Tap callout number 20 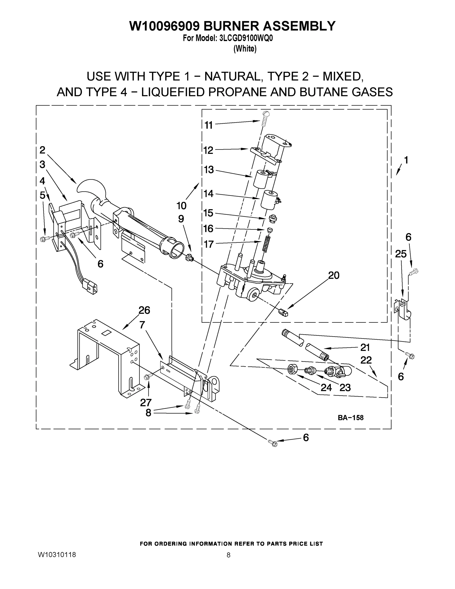click(x=334, y=275)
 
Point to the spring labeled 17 click(x=266, y=244)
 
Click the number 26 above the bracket click(x=144, y=310)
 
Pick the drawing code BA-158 click(x=351, y=418)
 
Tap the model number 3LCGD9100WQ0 click(x=246, y=39)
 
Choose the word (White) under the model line click(x=245, y=49)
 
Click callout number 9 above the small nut click(x=181, y=219)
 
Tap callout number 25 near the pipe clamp click(x=401, y=254)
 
